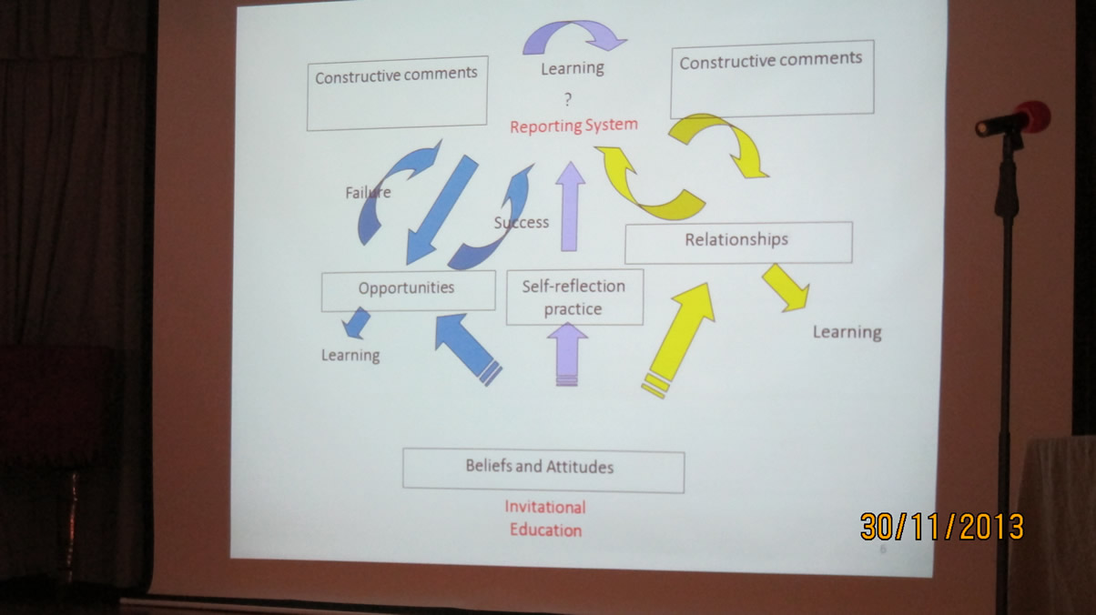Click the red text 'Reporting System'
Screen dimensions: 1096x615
tap(573, 126)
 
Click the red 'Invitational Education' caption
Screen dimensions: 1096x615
tap(545, 519)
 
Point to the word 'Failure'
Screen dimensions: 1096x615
tap(368, 193)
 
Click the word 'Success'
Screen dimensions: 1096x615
tap(521, 222)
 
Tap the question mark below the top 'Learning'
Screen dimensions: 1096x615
tap(568, 99)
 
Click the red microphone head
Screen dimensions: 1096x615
tap(1033, 116)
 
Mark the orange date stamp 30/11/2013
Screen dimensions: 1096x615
tap(942, 527)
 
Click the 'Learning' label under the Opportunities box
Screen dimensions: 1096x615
tap(350, 356)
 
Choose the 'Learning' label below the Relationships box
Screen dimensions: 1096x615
tap(847, 332)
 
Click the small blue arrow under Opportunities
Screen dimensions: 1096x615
tap(357, 323)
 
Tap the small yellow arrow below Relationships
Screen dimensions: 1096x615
tap(786, 287)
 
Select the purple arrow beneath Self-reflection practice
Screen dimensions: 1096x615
tap(568, 354)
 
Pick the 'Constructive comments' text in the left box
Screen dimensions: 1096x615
tap(396, 76)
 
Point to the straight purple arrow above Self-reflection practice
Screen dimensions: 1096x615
tap(570, 207)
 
